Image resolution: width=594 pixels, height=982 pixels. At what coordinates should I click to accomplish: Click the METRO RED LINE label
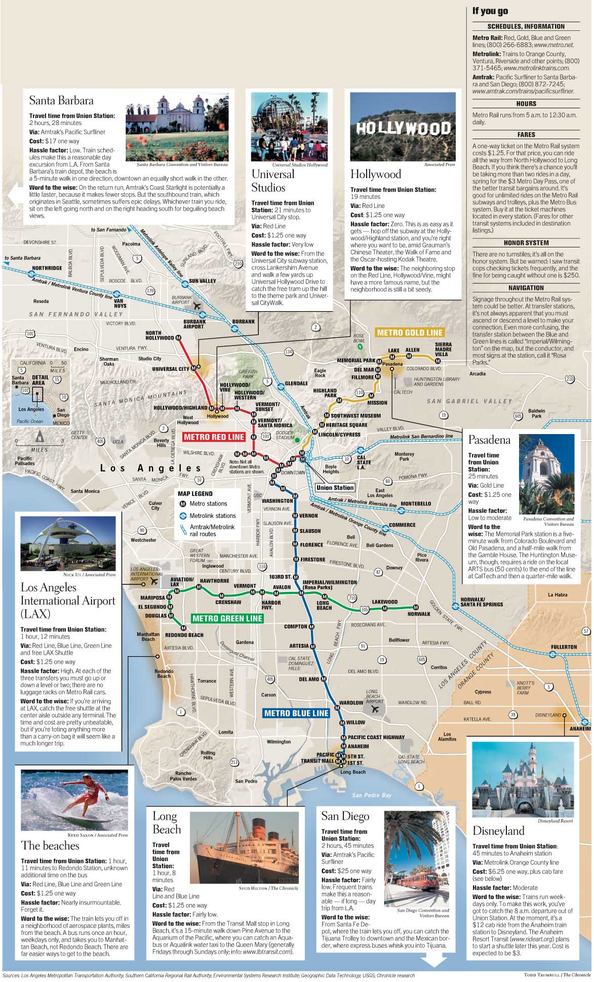pos(214,437)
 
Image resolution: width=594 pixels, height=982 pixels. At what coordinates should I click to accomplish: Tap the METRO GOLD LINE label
pos(410,332)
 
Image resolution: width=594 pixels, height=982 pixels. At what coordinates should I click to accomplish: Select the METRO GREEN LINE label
pos(227,618)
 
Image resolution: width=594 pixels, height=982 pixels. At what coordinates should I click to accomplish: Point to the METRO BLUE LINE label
pos(296,713)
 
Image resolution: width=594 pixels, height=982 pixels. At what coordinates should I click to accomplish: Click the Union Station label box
pos(335,488)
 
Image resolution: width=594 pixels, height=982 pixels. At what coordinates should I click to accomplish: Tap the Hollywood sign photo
pos(403,128)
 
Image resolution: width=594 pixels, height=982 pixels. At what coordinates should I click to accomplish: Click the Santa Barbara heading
pos(61,100)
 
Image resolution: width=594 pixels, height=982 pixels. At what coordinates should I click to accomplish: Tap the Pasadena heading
pos(489,440)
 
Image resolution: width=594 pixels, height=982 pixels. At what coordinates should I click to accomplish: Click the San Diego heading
pos(345,816)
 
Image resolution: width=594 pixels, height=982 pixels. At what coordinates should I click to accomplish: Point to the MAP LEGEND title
pos(195,493)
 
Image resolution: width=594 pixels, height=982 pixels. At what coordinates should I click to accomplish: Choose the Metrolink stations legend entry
pos(213,516)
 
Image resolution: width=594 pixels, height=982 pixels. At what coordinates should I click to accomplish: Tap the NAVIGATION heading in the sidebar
pos(526,288)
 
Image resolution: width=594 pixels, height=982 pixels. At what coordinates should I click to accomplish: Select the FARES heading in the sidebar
pos(526,135)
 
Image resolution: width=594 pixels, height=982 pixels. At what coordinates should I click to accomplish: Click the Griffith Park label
pos(248,374)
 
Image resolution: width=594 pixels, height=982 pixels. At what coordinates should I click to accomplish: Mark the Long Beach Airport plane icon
pos(375,709)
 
